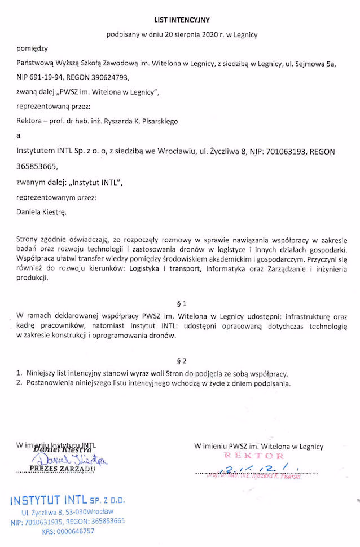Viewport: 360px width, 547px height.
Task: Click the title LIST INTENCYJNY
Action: coord(181,19)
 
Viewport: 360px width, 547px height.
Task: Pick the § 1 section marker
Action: coord(181,302)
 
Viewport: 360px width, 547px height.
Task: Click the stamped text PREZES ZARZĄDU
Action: coord(63,469)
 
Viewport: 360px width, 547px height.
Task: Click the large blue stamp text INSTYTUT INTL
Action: coord(47,501)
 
